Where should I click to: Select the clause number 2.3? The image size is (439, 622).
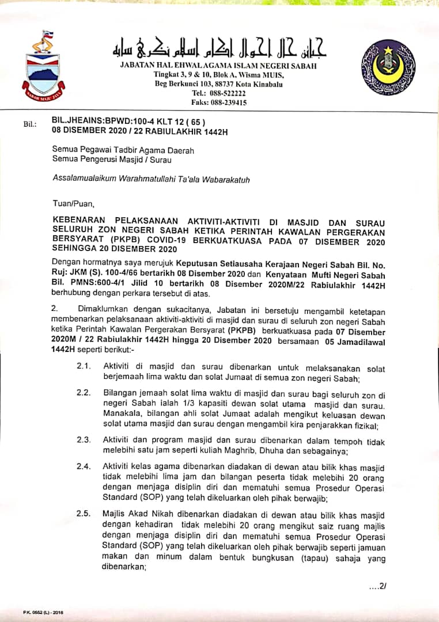click(84, 439)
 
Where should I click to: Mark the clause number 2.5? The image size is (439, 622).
click(84, 515)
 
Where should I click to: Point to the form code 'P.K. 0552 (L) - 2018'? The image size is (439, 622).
click(43, 612)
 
